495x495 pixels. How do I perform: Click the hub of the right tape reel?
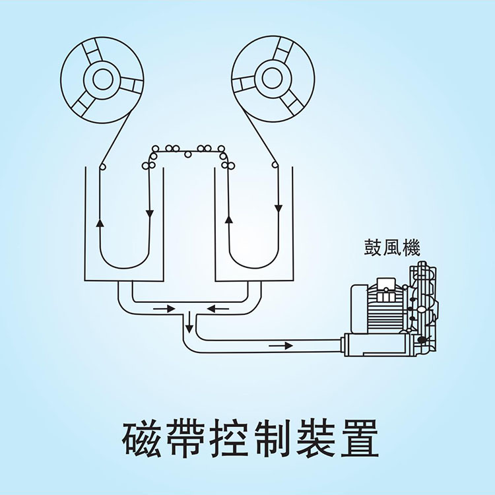273,77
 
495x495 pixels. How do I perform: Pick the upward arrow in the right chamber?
228,218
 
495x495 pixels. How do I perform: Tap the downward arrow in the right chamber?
278,209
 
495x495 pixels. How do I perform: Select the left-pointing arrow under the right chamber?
218,308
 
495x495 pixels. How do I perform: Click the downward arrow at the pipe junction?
189,323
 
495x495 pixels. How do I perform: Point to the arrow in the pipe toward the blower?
280,345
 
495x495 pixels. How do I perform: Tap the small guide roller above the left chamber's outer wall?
102,166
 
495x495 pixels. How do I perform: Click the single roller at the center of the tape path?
188,154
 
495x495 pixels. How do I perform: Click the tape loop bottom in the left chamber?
125,267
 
